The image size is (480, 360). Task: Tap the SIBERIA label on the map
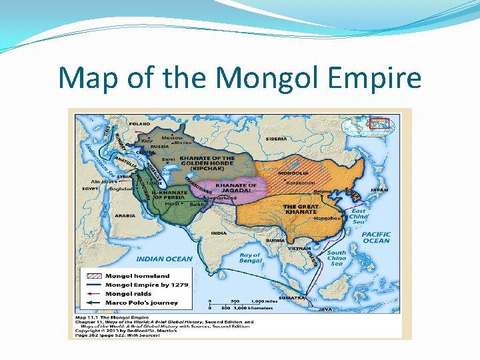coord(277,139)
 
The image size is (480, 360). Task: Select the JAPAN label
coord(379,189)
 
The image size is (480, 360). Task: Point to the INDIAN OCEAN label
coord(164,259)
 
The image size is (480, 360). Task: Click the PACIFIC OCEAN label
coord(376,237)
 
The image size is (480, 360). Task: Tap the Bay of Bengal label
coord(250,258)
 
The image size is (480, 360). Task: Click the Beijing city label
coord(323,191)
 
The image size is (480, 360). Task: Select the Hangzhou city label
coord(327,218)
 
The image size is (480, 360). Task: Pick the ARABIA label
coord(125,216)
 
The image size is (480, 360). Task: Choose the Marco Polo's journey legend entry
coord(141,303)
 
